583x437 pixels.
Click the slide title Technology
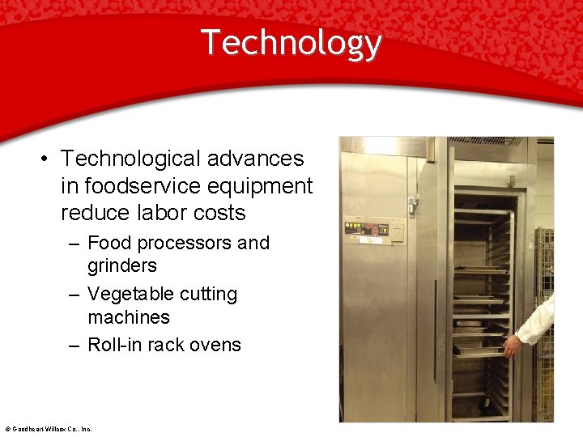tap(291, 42)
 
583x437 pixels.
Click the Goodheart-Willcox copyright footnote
tap(48, 429)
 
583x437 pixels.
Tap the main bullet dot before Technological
tap(45, 159)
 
